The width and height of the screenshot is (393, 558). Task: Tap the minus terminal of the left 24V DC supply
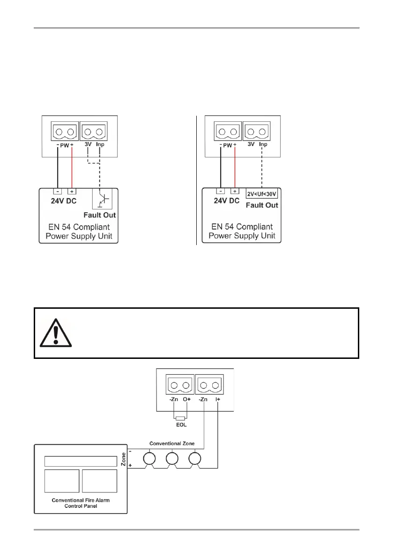pyautogui.click(x=56, y=191)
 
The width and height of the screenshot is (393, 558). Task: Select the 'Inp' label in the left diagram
pyautogui.click(x=100, y=145)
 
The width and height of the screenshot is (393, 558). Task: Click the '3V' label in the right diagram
pyautogui.click(x=251, y=145)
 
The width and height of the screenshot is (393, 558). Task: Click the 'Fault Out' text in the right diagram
pyautogui.click(x=262, y=205)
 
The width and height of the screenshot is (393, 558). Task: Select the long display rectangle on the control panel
pyautogui.click(x=80, y=461)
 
